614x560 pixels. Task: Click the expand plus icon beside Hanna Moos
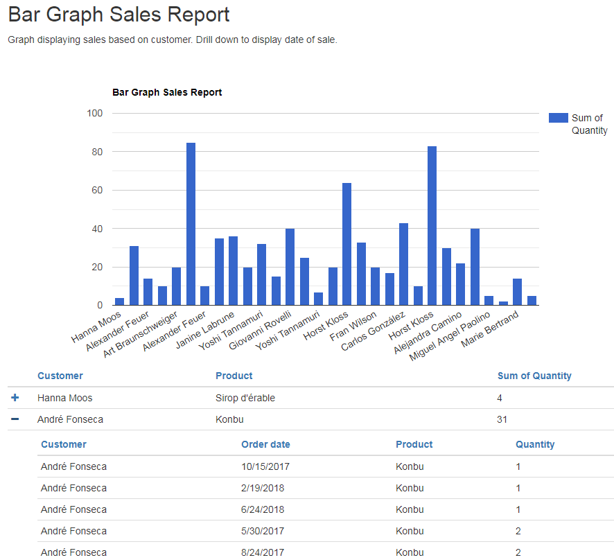[15, 398]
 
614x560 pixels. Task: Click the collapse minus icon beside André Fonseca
[15, 419]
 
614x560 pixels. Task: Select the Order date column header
[265, 444]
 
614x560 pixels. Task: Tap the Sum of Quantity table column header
[534, 376]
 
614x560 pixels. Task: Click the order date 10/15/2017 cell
[265, 466]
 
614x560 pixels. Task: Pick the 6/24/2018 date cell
[263, 509]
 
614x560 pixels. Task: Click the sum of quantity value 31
[502, 419]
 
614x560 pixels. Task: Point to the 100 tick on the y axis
[94, 113]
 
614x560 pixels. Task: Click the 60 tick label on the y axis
[96, 190]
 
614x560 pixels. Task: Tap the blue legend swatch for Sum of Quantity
[558, 118]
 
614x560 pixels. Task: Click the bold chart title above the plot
[167, 92]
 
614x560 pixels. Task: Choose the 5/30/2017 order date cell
[263, 531]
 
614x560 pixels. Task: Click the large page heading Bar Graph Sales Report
[119, 15]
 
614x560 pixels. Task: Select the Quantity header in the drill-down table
[535, 444]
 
